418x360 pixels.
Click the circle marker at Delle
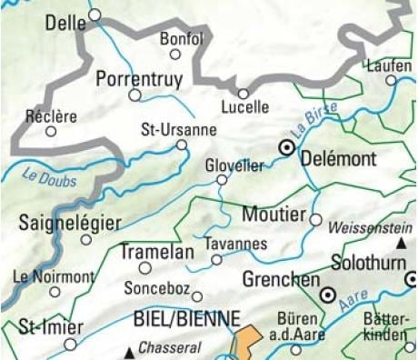[95, 15]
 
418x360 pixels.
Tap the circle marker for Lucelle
[244, 93]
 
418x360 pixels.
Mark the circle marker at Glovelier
[221, 180]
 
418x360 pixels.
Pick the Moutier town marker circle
[316, 219]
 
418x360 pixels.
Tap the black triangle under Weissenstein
[401, 245]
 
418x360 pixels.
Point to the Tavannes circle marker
[216, 260]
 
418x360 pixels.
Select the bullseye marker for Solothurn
[328, 294]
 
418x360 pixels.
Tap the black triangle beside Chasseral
[132, 350]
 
